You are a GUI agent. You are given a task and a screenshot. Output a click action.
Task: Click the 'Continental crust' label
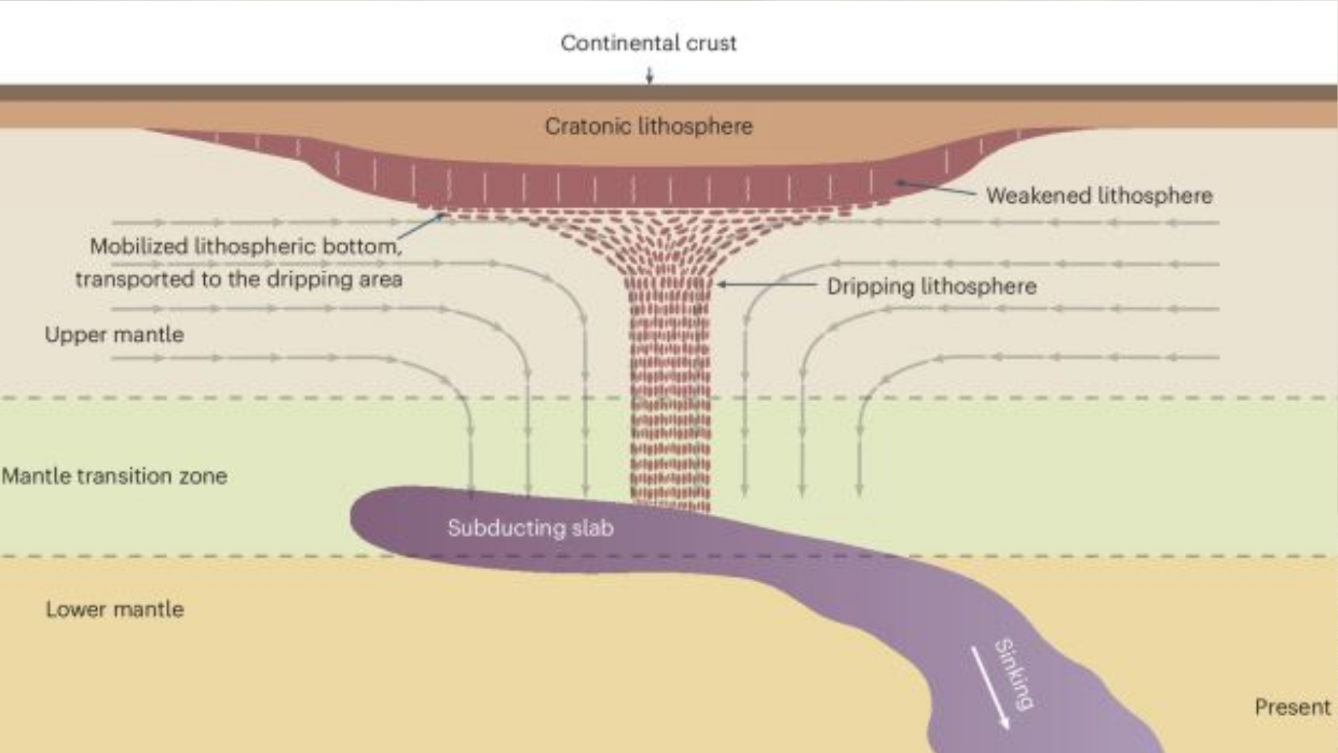tap(648, 43)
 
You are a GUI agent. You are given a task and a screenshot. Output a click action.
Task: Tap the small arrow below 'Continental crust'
tap(649, 75)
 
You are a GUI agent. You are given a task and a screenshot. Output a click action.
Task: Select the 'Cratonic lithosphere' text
tap(649, 126)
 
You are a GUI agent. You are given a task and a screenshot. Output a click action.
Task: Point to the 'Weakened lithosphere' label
tap(1099, 195)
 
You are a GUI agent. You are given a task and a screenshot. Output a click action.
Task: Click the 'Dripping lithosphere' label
tap(932, 286)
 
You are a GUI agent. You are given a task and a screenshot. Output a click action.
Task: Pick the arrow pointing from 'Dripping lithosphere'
tap(767, 284)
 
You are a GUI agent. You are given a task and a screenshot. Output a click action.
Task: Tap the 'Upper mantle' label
tap(114, 335)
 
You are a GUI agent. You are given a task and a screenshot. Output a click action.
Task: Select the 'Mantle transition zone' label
tap(114, 476)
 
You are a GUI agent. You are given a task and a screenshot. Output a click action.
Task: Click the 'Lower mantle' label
tap(115, 609)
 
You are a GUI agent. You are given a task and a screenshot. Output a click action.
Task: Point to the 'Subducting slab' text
tap(530, 528)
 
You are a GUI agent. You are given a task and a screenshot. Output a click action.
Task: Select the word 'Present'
tap(1292, 707)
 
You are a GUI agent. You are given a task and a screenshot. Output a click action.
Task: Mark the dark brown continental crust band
tap(279, 93)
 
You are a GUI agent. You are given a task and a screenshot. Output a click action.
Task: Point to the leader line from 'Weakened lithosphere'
tap(937, 188)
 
